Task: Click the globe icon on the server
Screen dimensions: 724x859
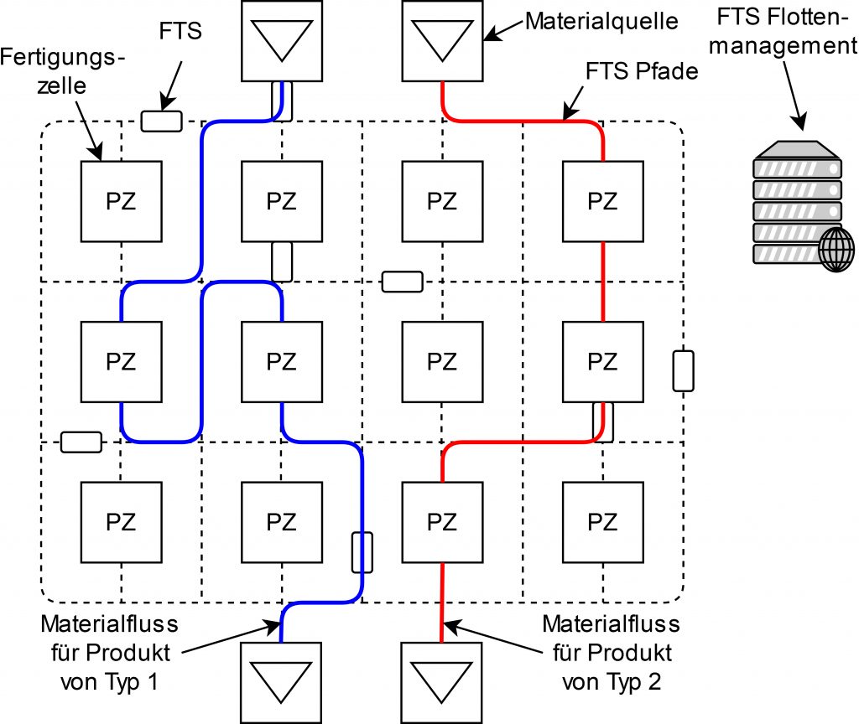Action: point(836,250)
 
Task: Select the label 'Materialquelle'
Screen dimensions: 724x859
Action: point(601,20)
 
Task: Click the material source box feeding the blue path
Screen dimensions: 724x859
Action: point(282,40)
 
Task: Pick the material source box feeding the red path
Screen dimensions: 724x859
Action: point(443,40)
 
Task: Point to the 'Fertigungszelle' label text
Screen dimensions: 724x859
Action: point(63,72)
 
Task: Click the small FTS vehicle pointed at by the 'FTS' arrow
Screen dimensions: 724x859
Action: point(161,121)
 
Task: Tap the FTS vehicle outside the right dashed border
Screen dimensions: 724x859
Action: point(685,371)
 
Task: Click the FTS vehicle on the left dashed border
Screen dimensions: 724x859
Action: point(81,442)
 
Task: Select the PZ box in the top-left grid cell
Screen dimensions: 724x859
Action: point(121,202)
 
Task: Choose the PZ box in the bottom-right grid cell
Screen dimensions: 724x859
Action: point(602,523)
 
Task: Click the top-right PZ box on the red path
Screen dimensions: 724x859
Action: point(602,202)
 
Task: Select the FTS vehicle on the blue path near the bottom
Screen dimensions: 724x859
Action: point(361,551)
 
